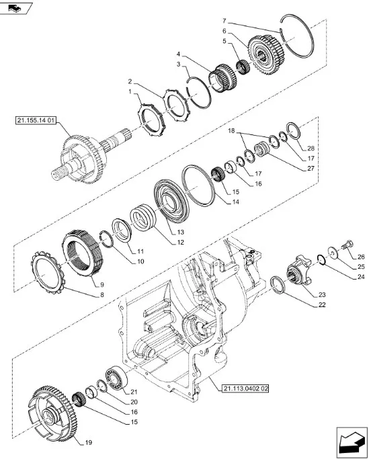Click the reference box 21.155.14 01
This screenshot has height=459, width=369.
[x=36, y=120]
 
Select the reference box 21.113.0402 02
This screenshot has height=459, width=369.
[x=245, y=388]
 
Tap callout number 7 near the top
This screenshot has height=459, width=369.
[x=224, y=21]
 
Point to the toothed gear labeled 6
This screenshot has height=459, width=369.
[x=266, y=54]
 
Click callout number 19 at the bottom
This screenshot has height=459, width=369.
[x=89, y=443]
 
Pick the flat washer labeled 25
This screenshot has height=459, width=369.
[x=333, y=252]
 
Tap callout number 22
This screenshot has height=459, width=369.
[x=322, y=304]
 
